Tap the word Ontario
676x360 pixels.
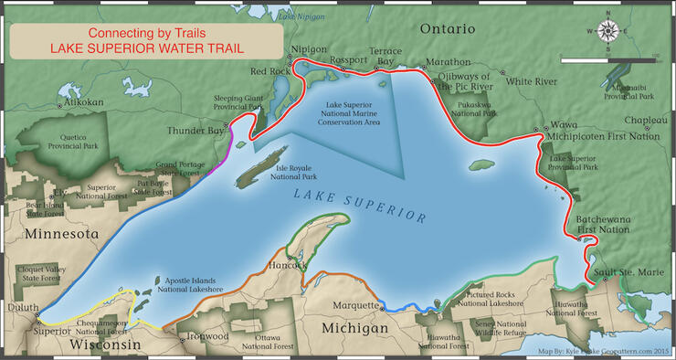coord(449,29)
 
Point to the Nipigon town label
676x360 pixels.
coord(307,49)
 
